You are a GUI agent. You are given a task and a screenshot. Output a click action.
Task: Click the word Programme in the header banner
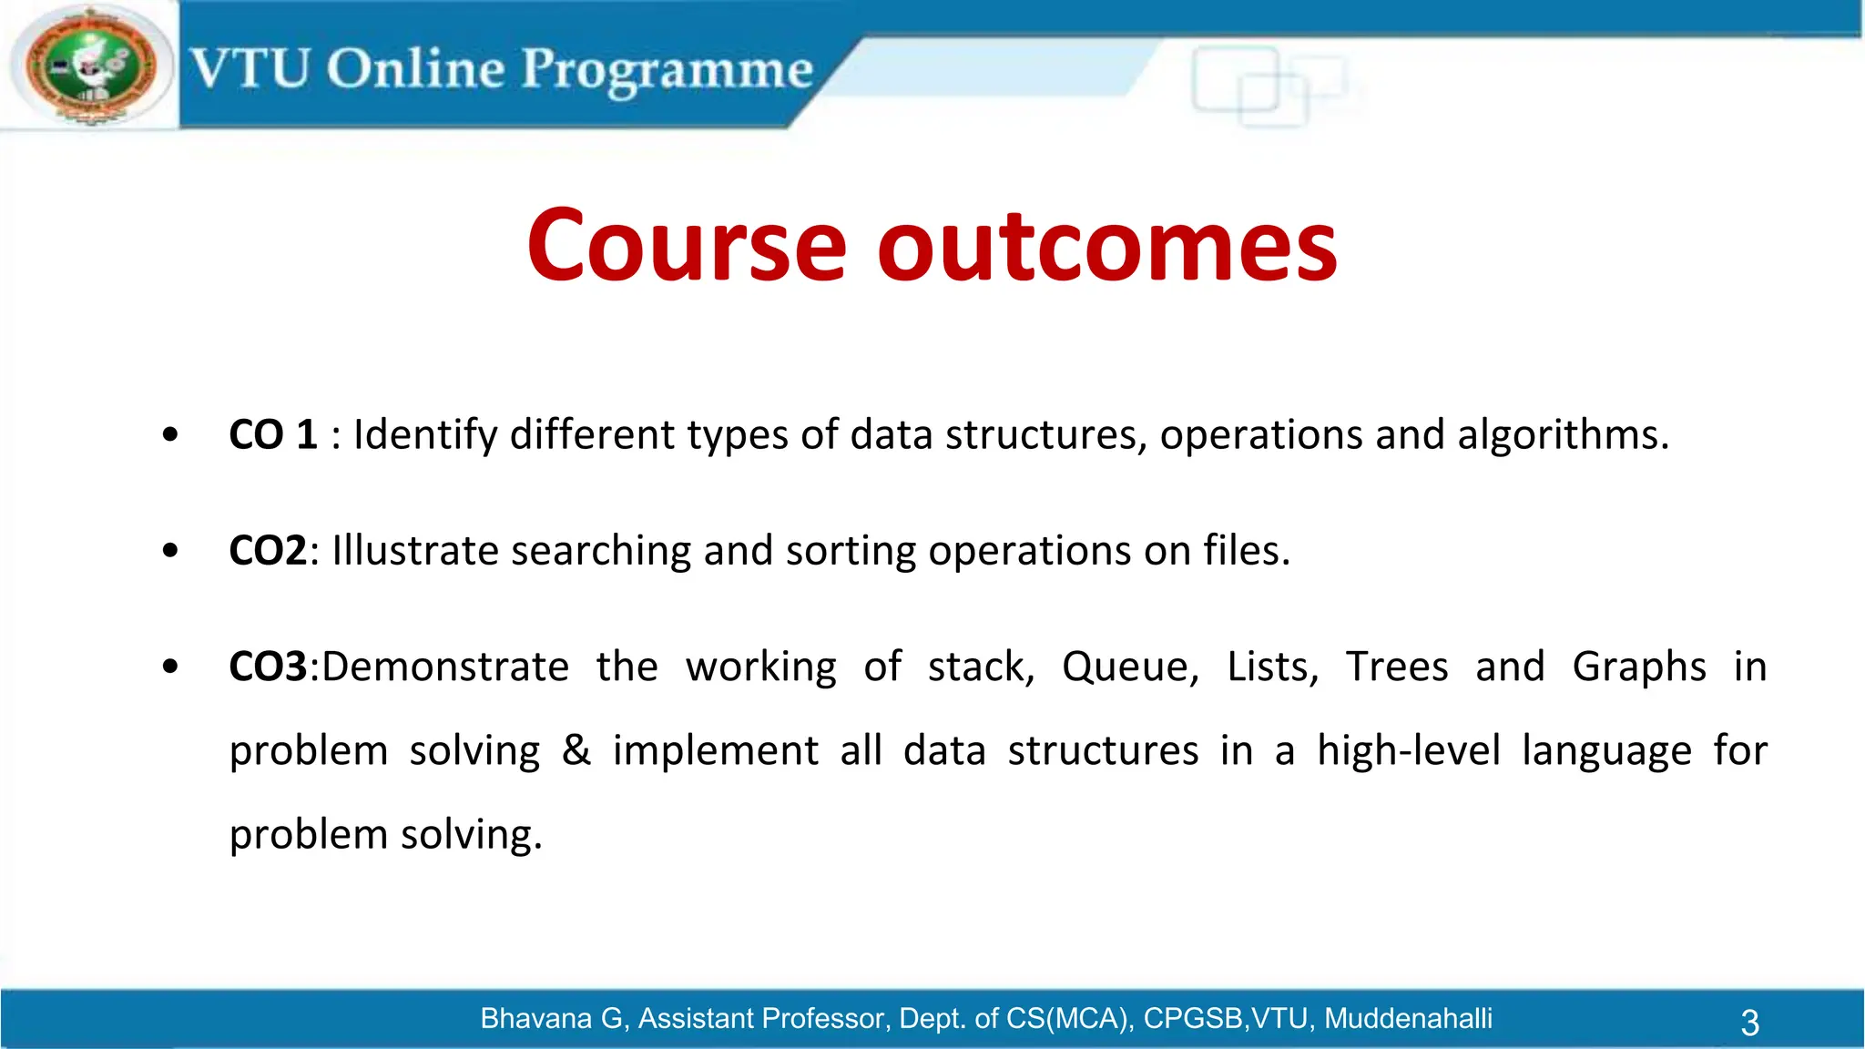(x=667, y=71)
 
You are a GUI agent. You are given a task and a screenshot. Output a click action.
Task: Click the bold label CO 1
(x=272, y=434)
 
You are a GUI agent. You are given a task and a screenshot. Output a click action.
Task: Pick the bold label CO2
(x=268, y=551)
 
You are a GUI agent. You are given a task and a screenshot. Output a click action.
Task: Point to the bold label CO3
(x=268, y=667)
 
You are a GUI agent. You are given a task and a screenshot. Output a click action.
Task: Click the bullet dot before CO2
(x=170, y=551)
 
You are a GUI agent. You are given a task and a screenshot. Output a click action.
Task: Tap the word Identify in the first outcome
(x=425, y=434)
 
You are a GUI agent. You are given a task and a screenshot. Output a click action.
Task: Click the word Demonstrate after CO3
(x=445, y=667)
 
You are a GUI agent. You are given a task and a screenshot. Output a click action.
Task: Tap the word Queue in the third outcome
(x=1129, y=667)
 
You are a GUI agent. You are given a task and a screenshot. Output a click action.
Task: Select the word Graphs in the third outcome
(x=1638, y=667)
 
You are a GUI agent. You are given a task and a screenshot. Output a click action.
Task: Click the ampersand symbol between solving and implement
(x=576, y=750)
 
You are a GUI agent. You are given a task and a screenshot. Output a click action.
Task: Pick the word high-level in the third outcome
(x=1408, y=750)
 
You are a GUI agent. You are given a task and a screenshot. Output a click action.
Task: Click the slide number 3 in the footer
(x=1749, y=1022)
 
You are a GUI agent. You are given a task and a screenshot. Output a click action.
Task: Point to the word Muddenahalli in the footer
(x=1408, y=1018)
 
